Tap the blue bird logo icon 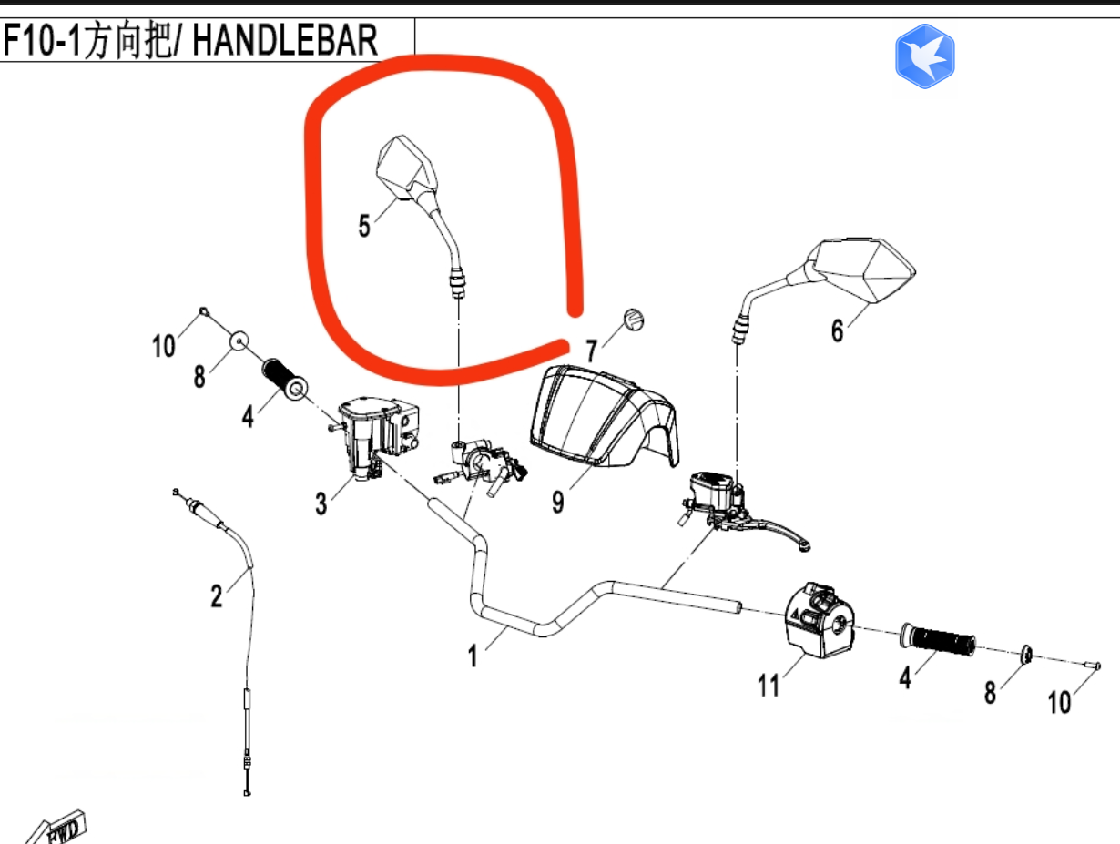tap(924, 56)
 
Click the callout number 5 tap(364, 225)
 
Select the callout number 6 tap(837, 330)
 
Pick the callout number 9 tap(557, 500)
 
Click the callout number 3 tap(321, 502)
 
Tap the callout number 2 tap(216, 595)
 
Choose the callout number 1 tap(473, 654)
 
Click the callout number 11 tap(769, 684)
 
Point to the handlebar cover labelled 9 tap(601, 414)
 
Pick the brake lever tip tap(801, 544)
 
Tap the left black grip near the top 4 tap(282, 380)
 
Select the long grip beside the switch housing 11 tap(938, 639)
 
